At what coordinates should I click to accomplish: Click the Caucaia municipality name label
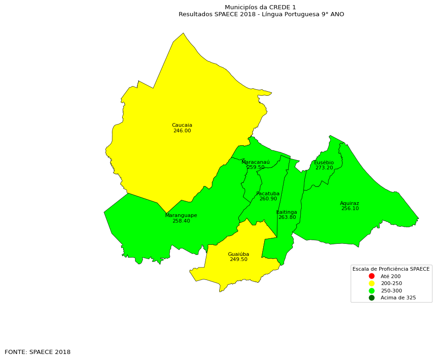182,125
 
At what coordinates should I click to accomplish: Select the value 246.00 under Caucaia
182,131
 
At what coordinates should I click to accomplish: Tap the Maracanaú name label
255,162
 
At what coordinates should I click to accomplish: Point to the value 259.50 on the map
255,168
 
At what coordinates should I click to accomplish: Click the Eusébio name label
324,163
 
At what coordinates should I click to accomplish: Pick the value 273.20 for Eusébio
324,168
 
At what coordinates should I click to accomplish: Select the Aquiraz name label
349,204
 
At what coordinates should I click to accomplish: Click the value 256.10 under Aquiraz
350,209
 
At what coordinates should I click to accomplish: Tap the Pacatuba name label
268,194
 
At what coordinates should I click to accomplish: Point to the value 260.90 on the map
268,199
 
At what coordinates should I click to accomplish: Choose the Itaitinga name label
287,212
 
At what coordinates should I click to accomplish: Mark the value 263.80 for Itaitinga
287,217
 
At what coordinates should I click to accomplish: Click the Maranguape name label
181,216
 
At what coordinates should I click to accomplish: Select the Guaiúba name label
238,254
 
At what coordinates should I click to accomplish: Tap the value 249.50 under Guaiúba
238,260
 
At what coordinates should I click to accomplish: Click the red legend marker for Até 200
371,276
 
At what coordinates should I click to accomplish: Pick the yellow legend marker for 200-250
371,283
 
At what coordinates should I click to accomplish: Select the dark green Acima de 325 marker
371,298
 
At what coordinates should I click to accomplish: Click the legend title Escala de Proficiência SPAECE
391,269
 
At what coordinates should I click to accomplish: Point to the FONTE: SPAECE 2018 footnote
37,352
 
